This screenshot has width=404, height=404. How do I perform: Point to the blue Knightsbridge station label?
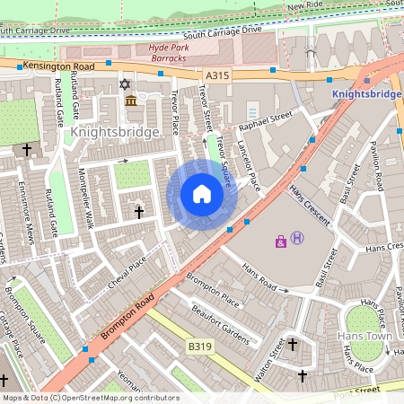[x=366, y=93]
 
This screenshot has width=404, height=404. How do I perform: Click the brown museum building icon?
[x=131, y=100]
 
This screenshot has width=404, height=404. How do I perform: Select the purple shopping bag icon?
[x=281, y=241]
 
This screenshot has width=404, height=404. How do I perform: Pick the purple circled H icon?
[x=298, y=238]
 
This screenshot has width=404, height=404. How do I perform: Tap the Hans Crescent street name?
[x=309, y=206]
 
